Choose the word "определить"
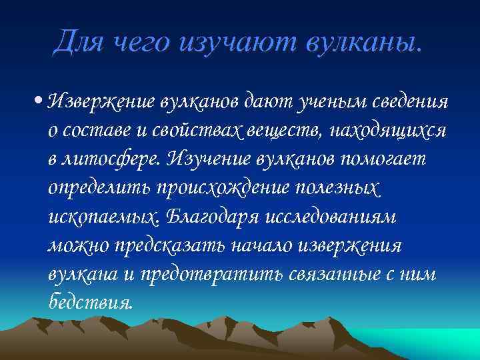(99, 188)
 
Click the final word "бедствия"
(91, 302)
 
